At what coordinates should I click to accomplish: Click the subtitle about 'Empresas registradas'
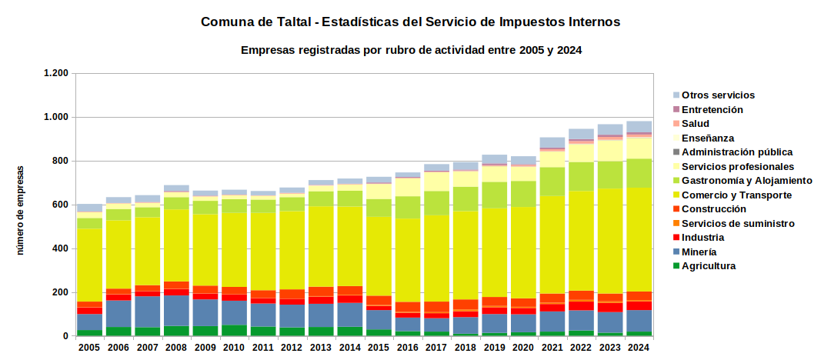412,51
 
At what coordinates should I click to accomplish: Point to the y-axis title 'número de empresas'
21,210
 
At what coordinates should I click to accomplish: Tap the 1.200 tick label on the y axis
56,73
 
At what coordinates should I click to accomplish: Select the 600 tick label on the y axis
61,205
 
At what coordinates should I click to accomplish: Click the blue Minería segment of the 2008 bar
176,311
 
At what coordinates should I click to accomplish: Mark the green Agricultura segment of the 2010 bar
234,331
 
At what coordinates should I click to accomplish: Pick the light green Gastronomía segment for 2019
494,195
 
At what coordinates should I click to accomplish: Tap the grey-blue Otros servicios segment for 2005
89,208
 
